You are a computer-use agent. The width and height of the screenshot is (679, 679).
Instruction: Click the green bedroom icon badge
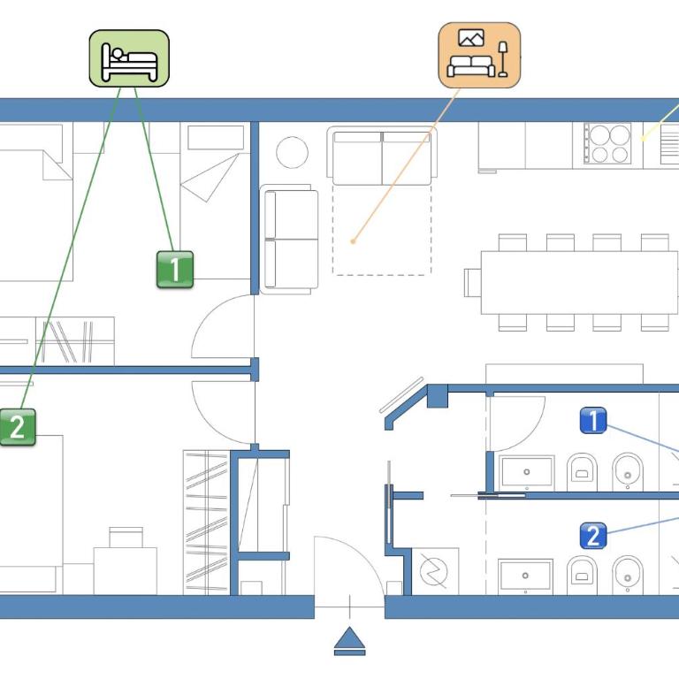(129, 58)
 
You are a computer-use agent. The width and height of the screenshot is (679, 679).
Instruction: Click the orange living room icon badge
(479, 56)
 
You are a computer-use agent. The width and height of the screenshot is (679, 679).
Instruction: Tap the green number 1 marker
(175, 270)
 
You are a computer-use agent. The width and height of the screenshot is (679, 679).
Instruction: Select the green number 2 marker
(18, 427)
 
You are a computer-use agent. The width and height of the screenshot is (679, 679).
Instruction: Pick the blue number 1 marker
(593, 421)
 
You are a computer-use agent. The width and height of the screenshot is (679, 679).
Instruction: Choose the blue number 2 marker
(593, 536)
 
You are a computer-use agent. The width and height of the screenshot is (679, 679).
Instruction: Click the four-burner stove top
(607, 143)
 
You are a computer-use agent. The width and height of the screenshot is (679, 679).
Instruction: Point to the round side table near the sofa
(293, 152)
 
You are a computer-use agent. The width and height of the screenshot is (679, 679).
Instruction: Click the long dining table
(579, 282)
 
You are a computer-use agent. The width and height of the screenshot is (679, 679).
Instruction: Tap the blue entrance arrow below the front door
(350, 641)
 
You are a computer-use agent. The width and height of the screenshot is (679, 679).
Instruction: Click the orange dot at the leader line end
(353, 241)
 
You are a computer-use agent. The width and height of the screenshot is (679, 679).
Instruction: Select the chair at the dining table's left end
(472, 283)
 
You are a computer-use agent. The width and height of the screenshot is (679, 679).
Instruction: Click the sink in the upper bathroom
(527, 472)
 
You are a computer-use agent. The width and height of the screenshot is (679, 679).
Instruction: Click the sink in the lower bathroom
(525, 576)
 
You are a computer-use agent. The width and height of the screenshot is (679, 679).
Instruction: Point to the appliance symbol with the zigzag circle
(434, 571)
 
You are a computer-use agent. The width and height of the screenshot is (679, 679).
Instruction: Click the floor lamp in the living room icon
(503, 59)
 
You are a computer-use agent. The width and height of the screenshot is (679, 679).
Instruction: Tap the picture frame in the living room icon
(471, 38)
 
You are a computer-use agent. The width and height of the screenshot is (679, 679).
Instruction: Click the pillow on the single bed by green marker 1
(216, 137)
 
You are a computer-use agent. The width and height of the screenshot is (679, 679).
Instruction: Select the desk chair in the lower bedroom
(126, 538)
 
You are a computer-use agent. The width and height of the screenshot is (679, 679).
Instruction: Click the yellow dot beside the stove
(643, 139)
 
